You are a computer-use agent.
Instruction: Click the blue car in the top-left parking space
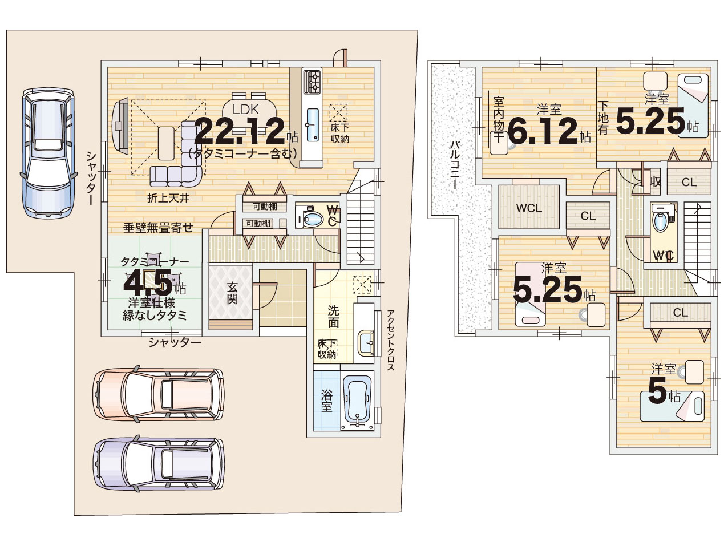47,152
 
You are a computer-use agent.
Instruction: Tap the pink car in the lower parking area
159,394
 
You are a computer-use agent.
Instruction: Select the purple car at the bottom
159,464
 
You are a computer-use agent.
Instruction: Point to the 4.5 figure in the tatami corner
148,283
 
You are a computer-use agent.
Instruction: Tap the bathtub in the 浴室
357,401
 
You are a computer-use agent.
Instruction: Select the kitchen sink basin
313,125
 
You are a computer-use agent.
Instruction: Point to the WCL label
529,208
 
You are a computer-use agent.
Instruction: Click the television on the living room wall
120,126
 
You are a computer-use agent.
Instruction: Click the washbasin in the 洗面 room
366,343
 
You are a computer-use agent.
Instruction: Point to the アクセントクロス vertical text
391,340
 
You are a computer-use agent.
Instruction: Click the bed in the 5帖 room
672,406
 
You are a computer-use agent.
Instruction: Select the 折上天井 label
168,198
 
